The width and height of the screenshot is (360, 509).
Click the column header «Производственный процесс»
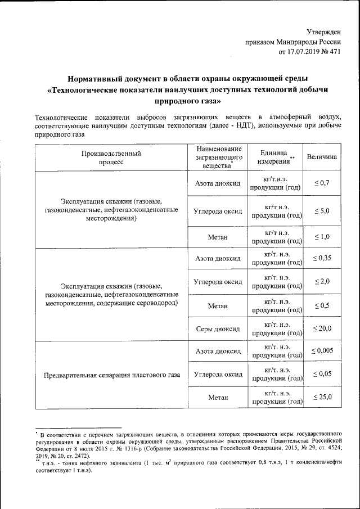click(x=111, y=157)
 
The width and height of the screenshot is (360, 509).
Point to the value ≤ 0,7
click(x=322, y=183)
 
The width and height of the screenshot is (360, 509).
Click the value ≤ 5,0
click(x=322, y=211)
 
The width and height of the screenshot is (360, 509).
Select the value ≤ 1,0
click(x=322, y=237)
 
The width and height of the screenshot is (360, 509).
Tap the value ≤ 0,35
click(x=322, y=258)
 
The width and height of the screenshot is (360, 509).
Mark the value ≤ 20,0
click(x=322, y=328)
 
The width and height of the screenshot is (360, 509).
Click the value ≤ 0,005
click(x=322, y=351)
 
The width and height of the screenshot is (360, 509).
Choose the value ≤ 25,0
click(x=322, y=397)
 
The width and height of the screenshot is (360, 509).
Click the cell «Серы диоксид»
click(x=217, y=328)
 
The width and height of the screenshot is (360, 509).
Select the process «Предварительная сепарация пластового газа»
click(x=111, y=375)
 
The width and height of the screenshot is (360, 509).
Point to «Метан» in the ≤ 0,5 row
click(x=217, y=305)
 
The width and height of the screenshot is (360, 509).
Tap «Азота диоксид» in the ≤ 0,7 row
click(x=217, y=184)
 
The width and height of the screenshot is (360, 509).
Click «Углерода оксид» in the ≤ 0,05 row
click(x=217, y=374)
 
